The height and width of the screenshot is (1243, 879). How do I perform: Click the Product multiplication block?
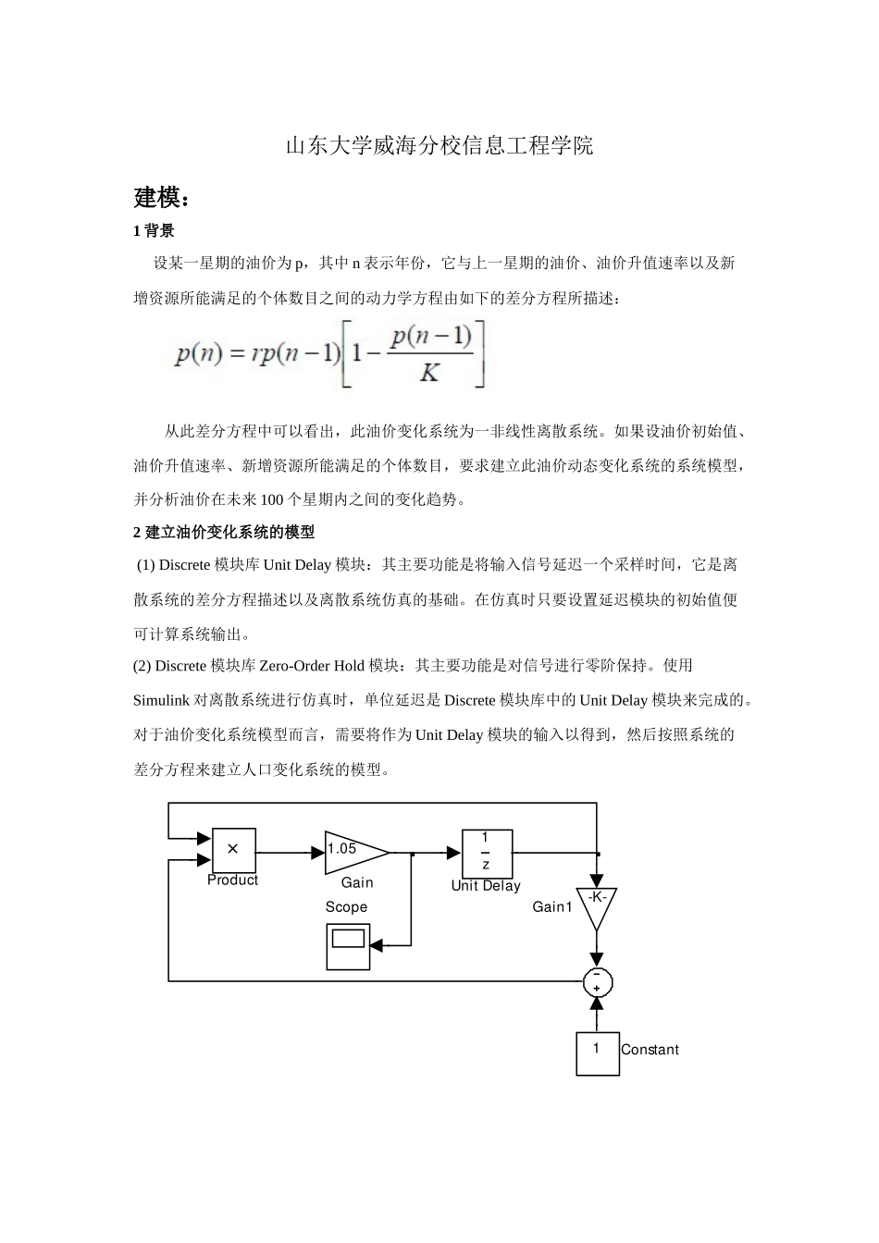[x=233, y=849]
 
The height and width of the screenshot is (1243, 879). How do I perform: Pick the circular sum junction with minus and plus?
[x=597, y=980]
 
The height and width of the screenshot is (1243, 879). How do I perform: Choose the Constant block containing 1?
[x=597, y=1052]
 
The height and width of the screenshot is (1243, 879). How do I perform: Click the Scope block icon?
[x=348, y=946]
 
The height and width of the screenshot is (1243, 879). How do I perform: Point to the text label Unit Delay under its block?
[x=486, y=885]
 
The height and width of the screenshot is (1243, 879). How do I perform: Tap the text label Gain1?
[x=552, y=907]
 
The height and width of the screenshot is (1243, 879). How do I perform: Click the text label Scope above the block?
[x=346, y=907]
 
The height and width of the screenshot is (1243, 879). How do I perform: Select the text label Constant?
[x=650, y=1050]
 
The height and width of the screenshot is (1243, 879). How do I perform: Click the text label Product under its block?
[x=232, y=880]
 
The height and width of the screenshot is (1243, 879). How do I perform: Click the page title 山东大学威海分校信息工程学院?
[x=439, y=146]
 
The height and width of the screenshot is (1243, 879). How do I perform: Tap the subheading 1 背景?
[x=154, y=230]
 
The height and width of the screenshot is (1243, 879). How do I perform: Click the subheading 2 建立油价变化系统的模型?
[x=224, y=532]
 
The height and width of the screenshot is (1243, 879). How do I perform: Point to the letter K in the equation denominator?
[x=428, y=373]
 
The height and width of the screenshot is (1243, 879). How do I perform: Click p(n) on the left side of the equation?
[x=199, y=353]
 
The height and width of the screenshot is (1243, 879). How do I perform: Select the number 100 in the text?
[x=273, y=499]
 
